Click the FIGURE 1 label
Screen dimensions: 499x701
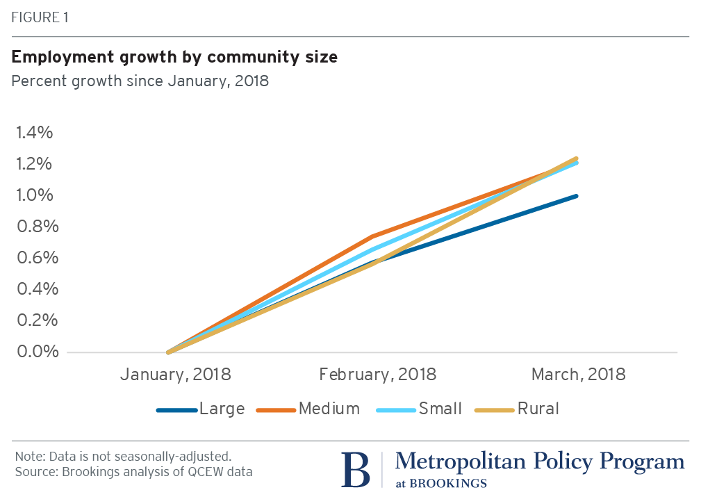pyautogui.click(x=40, y=17)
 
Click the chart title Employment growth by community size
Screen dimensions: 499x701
pyautogui.click(x=174, y=57)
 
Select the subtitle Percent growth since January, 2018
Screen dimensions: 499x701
pyautogui.click(x=140, y=81)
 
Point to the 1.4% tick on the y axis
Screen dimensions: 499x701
pyautogui.click(x=34, y=133)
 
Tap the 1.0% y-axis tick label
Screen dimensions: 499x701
pyautogui.click(x=34, y=195)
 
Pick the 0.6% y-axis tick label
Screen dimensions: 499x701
pyautogui.click(x=34, y=258)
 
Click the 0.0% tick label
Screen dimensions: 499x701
pyautogui.click(x=34, y=352)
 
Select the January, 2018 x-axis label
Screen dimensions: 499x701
pyautogui.click(x=175, y=375)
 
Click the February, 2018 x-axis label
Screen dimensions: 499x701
pyautogui.click(x=378, y=375)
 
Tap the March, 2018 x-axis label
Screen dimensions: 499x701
pyautogui.click(x=579, y=375)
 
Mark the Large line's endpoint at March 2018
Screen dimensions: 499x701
pyautogui.click(x=577, y=196)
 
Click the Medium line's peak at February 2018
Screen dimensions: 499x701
pyautogui.click(x=374, y=236)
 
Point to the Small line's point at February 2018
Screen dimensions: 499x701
pyautogui.click(x=374, y=250)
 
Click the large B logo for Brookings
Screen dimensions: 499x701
pyautogui.click(x=356, y=470)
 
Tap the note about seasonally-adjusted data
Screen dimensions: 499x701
pyautogui.click(x=123, y=457)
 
